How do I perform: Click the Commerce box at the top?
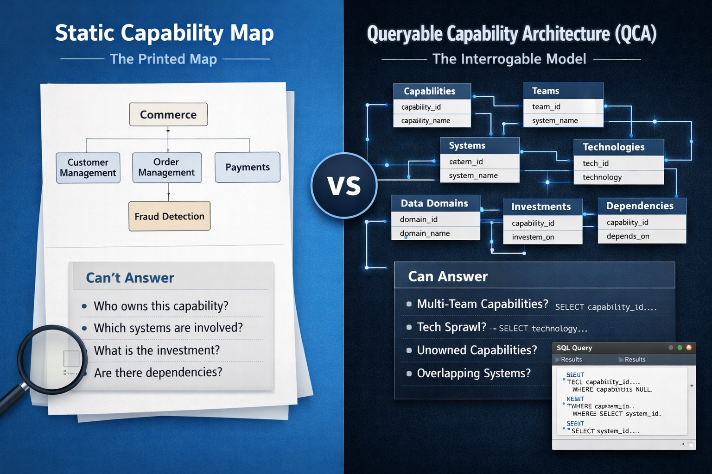click(x=168, y=114)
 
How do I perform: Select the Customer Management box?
click(x=88, y=168)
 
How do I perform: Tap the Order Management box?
click(x=167, y=168)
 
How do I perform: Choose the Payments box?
click(x=248, y=167)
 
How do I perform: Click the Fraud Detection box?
click(x=169, y=216)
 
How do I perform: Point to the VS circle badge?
click(x=344, y=186)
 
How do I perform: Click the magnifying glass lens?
click(x=51, y=359)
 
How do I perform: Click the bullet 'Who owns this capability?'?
click(x=161, y=306)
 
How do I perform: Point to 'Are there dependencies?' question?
click(x=158, y=373)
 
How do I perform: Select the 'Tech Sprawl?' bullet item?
click(x=451, y=327)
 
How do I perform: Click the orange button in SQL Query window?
click(x=689, y=348)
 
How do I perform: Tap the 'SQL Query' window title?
click(x=574, y=348)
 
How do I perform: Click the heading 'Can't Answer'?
click(x=130, y=278)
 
